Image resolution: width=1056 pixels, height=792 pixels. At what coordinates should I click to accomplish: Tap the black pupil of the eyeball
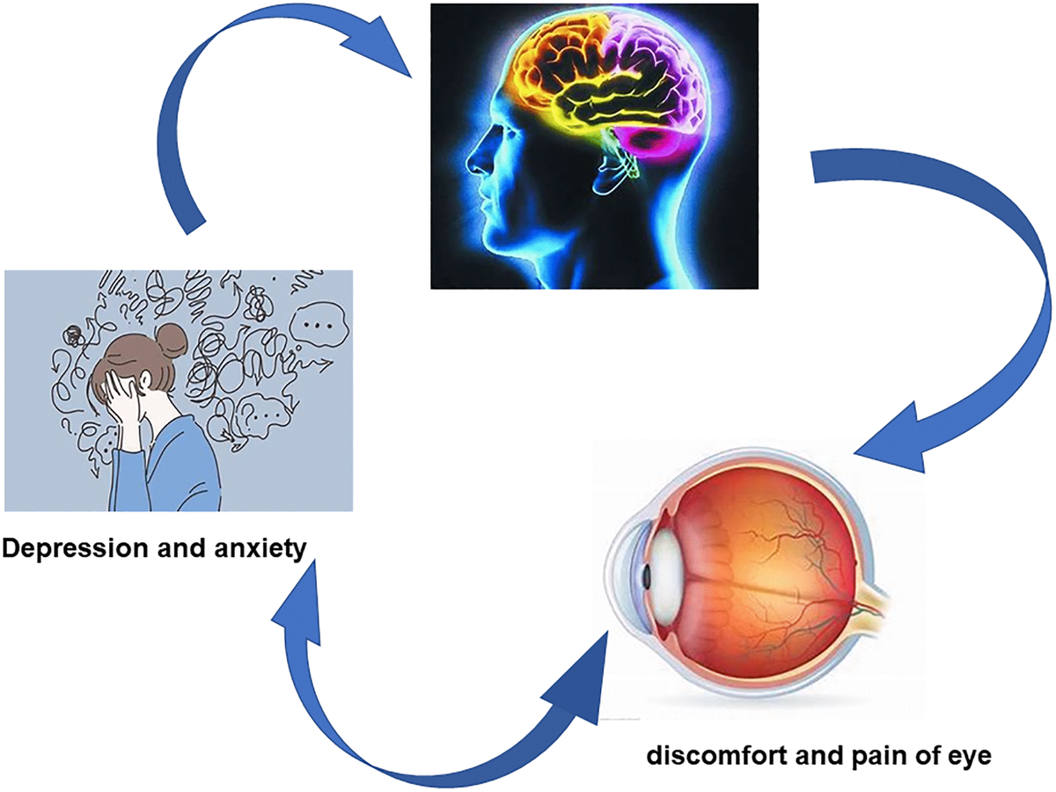pos(645,577)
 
